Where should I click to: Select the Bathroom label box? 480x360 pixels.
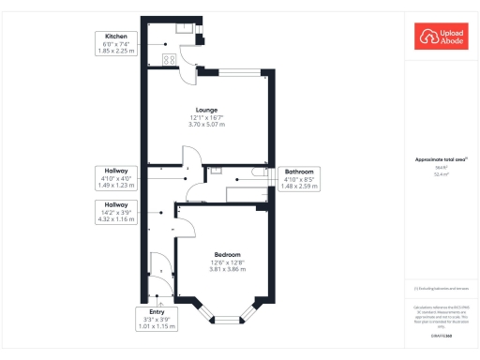tap(300, 178)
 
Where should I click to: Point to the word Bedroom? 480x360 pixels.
tap(227, 255)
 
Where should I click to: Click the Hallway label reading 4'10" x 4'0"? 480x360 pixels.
tap(116, 177)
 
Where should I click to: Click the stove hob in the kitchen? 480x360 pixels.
tap(171, 59)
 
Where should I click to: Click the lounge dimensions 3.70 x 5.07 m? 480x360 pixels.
tap(206, 125)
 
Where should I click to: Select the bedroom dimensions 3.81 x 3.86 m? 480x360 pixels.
tap(227, 270)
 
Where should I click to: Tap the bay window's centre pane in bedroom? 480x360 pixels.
tap(227, 321)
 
